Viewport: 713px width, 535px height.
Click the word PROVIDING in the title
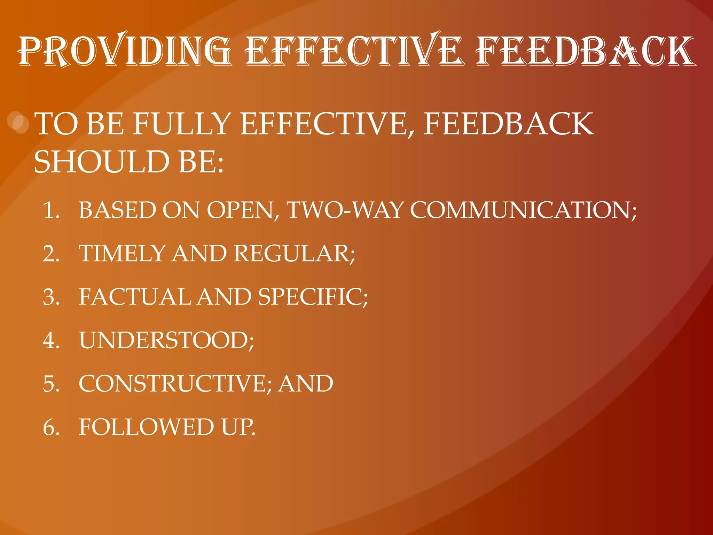click(125, 51)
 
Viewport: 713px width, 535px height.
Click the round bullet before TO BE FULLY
click(18, 122)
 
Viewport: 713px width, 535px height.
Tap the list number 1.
click(51, 210)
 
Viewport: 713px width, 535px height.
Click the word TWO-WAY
click(345, 210)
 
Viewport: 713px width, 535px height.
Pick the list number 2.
click(51, 254)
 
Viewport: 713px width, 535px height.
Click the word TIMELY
click(122, 254)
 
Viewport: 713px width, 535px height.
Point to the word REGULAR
click(294, 254)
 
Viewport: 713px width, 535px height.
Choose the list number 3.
click(51, 297)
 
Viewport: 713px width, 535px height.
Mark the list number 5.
click(51, 384)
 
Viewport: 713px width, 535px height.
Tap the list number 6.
click(51, 427)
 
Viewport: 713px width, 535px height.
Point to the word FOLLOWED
click(146, 427)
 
